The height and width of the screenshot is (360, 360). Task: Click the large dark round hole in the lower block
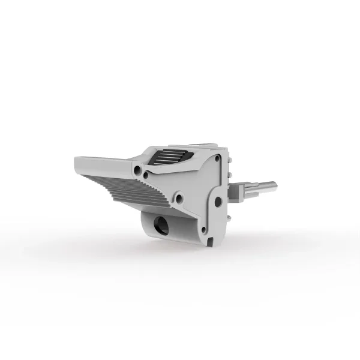coord(161,225)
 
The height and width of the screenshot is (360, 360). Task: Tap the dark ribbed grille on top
coord(168,159)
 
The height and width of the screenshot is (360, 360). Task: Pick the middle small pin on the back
coord(229,174)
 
